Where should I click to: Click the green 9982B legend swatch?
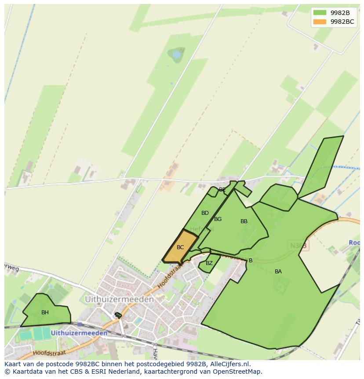tap(320, 13)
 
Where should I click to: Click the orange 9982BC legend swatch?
tap(320, 22)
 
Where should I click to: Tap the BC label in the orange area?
tap(180, 247)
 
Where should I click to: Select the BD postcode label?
tap(205, 213)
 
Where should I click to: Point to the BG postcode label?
tap(218, 219)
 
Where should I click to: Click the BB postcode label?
tap(244, 221)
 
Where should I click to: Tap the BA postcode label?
tap(278, 272)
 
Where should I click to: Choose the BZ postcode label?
tap(209, 263)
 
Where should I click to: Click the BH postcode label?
tap(45, 313)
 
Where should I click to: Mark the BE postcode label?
tap(222, 190)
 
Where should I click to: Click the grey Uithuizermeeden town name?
tap(119, 299)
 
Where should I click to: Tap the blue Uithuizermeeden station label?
tap(79, 333)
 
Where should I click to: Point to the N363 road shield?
tap(298, 246)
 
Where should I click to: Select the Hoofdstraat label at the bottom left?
tap(49, 353)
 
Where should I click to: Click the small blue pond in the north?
tap(177, 55)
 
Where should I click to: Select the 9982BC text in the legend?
tap(342, 22)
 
